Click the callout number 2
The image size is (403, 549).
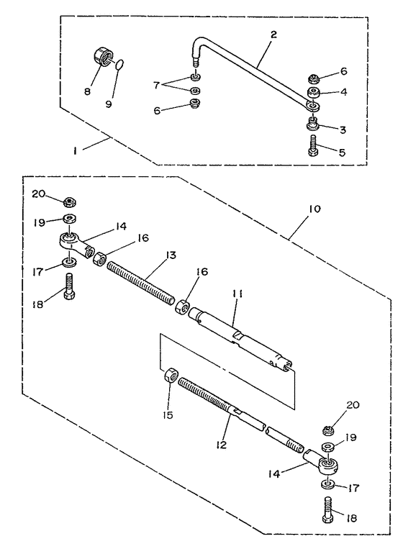click(x=273, y=35)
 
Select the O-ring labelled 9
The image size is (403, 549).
click(x=119, y=65)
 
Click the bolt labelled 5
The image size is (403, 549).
click(x=313, y=145)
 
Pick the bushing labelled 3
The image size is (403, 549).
click(x=313, y=123)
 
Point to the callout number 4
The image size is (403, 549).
click(x=343, y=91)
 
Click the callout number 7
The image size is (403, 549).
click(x=156, y=85)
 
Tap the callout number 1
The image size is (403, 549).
click(x=75, y=152)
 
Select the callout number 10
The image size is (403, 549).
click(x=314, y=209)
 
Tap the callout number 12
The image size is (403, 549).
click(x=221, y=445)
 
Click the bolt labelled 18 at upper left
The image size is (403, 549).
click(x=69, y=286)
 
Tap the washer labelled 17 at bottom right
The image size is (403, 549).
click(x=327, y=484)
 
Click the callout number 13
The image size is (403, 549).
click(x=171, y=255)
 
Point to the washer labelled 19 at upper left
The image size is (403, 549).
click(x=71, y=219)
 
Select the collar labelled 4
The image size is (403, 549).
click(x=314, y=93)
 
